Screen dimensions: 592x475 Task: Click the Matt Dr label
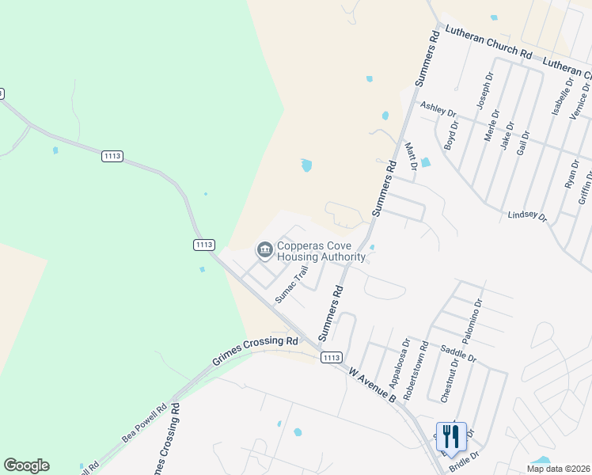pos(410,156)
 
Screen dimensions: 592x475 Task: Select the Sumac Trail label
pos(291,283)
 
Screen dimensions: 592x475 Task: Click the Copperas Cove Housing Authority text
pos(321,251)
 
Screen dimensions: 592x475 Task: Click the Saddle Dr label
pos(459,353)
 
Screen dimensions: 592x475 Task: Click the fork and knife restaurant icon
pos(450,435)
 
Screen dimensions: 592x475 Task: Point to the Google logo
pos(26,465)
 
